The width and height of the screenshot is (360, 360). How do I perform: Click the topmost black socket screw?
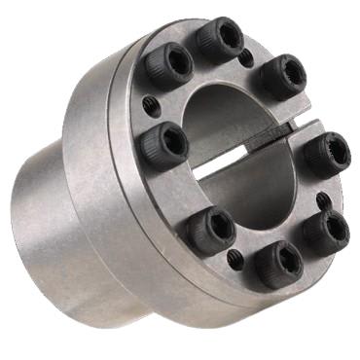(220, 40)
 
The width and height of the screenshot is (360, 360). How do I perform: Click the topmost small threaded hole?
(246, 56)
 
